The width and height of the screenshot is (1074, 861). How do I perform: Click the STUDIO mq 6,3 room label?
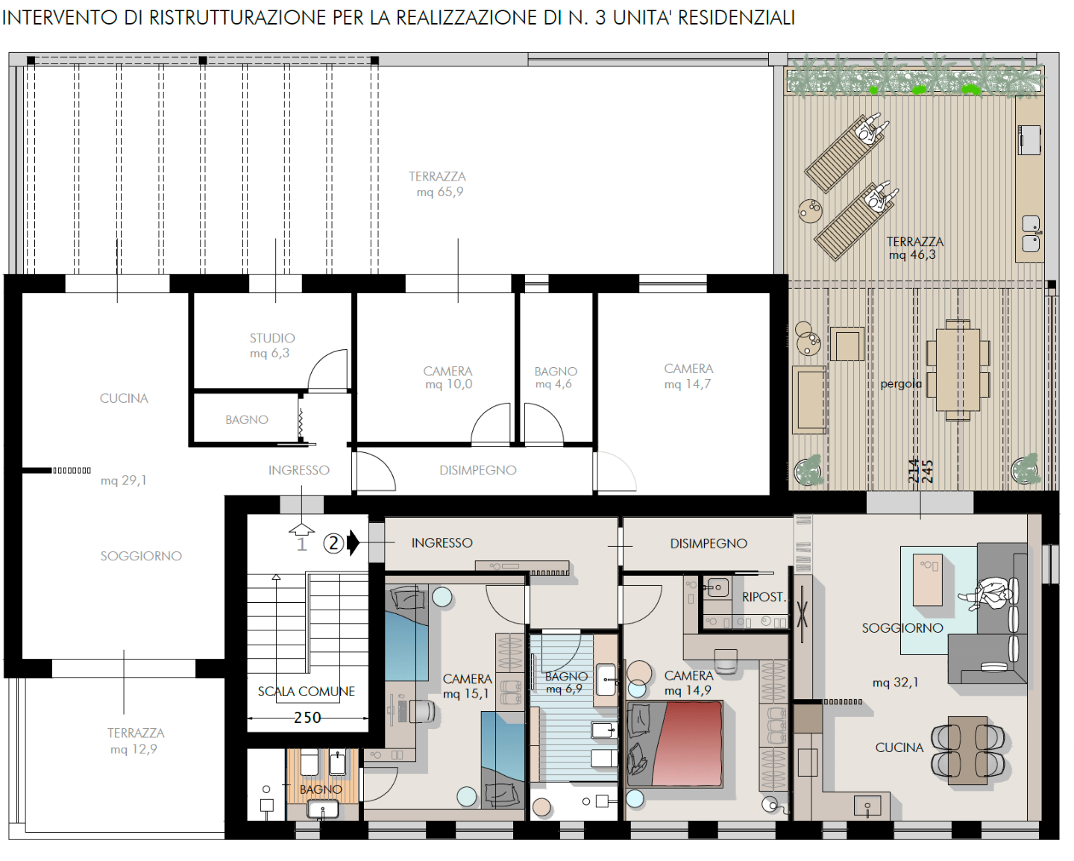click(271, 345)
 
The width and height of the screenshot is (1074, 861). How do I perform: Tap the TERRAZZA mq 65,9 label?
click(438, 184)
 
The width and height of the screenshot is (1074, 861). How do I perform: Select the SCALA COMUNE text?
click(306, 692)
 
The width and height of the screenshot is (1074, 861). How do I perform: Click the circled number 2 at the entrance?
click(333, 543)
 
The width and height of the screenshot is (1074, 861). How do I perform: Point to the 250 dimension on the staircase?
click(307, 718)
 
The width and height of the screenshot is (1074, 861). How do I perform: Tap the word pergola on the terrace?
click(901, 384)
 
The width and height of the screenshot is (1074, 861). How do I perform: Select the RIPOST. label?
click(764, 597)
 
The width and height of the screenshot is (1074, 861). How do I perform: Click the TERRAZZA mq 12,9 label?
click(135, 741)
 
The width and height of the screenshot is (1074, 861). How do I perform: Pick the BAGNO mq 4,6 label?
click(556, 378)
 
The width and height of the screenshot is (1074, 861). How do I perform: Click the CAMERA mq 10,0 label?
click(447, 378)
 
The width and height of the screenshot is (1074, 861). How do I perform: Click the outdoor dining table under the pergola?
click(958, 369)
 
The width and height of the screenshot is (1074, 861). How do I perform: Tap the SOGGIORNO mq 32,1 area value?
click(895, 683)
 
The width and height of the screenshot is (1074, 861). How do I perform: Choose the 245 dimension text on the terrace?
click(928, 471)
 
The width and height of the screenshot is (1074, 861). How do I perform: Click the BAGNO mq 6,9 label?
click(565, 683)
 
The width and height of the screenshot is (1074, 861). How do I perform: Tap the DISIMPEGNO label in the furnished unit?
click(708, 544)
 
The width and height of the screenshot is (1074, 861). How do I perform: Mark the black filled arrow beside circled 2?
click(354, 543)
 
